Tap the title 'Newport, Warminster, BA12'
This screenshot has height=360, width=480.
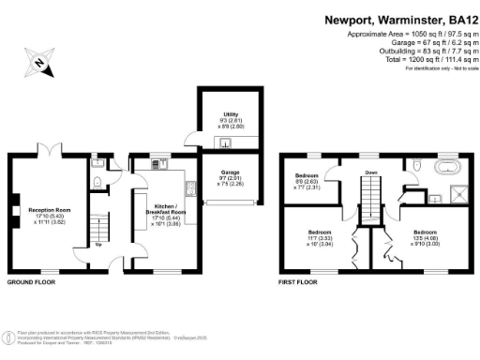click(398, 19)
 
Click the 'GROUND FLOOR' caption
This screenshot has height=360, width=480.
click(33, 281)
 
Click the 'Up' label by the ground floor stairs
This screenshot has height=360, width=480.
click(99, 247)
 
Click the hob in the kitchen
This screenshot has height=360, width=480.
click(190, 187)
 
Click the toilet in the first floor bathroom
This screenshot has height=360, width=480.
click(413, 166)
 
